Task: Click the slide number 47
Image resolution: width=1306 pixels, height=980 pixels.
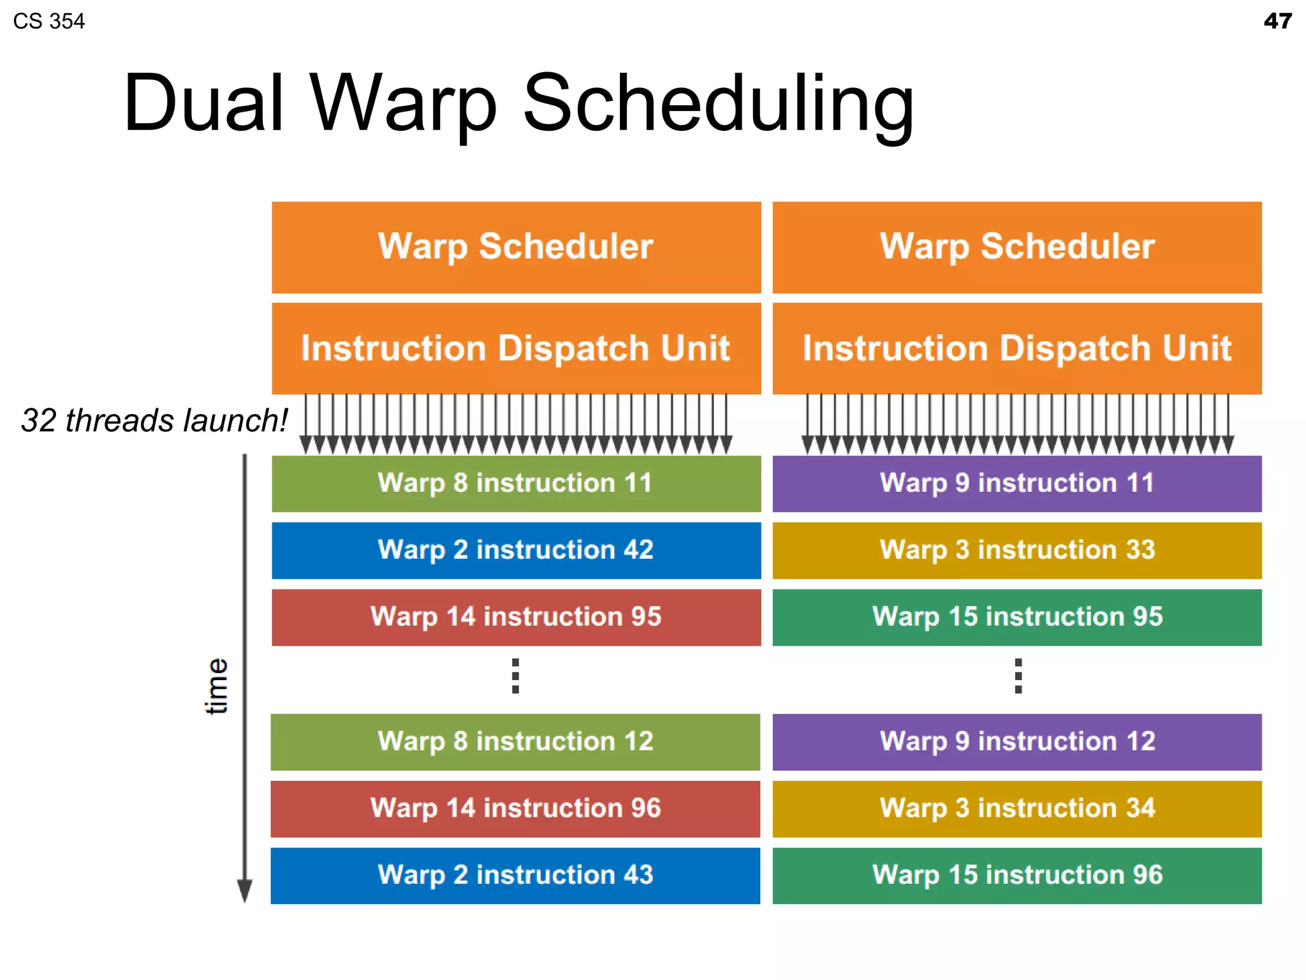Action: pos(1277,21)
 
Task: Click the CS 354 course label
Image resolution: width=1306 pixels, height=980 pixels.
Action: pos(48,21)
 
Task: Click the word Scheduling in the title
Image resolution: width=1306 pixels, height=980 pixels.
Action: pos(718,103)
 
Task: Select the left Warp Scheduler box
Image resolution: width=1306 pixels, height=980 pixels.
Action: pos(516,248)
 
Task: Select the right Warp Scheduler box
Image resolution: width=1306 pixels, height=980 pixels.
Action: pos(1017,248)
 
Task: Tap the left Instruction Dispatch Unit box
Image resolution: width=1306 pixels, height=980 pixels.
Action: pos(516,348)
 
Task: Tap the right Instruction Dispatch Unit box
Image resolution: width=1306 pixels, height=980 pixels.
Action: pos(1017,348)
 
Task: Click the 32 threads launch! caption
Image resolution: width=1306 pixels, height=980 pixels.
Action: pos(154,420)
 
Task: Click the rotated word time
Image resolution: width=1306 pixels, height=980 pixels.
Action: pos(216,686)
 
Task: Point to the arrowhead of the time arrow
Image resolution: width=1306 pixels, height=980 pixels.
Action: pos(244,890)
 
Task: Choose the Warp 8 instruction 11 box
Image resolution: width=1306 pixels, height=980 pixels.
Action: pos(516,483)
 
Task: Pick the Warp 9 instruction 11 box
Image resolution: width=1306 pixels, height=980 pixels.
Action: pos(1017,483)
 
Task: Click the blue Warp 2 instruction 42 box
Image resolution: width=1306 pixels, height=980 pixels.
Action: pos(516,550)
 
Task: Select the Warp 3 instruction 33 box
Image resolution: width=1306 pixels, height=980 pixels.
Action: pos(1017,550)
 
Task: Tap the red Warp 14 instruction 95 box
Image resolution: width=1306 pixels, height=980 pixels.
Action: pos(516,617)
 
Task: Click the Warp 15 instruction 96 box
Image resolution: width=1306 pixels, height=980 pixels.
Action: pos(1017,875)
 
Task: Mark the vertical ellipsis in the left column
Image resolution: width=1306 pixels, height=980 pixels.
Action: pos(515,676)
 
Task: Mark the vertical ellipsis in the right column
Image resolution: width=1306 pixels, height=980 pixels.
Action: pos(1018,676)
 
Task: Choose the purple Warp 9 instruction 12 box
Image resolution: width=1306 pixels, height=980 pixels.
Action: pos(1017,741)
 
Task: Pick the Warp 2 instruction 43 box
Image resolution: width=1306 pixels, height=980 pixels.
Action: pos(515,875)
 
